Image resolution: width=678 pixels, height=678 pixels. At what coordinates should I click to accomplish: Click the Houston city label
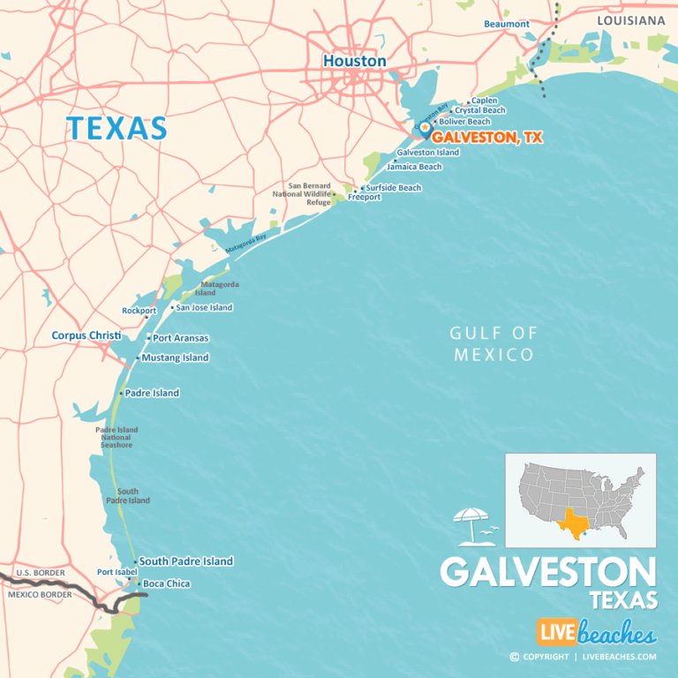pyautogui.click(x=354, y=61)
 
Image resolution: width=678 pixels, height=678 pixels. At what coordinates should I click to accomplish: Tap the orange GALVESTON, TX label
pyautogui.click(x=486, y=138)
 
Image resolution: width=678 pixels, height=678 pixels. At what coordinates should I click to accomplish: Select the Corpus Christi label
pyautogui.click(x=86, y=335)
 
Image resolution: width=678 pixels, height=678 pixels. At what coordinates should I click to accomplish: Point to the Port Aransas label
pyautogui.click(x=180, y=338)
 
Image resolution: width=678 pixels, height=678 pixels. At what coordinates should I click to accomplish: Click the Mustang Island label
pyautogui.click(x=175, y=358)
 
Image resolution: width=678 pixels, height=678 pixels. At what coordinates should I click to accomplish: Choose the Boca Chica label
pyautogui.click(x=166, y=584)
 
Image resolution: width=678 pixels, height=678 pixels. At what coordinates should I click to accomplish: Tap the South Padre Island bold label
pyautogui.click(x=185, y=561)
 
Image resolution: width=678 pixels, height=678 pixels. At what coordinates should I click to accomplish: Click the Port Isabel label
pyautogui.click(x=117, y=572)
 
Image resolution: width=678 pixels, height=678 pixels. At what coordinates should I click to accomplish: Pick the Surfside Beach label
pyautogui.click(x=394, y=188)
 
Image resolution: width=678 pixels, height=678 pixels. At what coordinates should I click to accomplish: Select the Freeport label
pyautogui.click(x=364, y=198)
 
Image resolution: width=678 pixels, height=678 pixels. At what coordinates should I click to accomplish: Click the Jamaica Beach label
pyautogui.click(x=414, y=167)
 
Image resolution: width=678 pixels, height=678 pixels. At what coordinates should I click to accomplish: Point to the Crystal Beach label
pyautogui.click(x=480, y=111)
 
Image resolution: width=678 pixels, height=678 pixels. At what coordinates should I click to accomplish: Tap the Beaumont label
pyautogui.click(x=507, y=24)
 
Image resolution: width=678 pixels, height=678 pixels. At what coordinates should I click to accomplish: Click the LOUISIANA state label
pyautogui.click(x=629, y=19)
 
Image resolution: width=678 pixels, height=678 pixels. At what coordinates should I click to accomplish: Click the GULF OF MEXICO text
pyautogui.click(x=493, y=343)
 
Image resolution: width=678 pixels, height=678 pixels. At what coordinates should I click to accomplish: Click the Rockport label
pyautogui.click(x=139, y=311)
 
